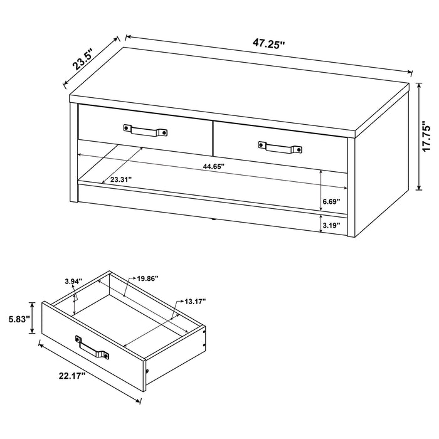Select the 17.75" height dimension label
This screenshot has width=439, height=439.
tap(427, 135)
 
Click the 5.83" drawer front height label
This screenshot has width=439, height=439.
tap(18, 318)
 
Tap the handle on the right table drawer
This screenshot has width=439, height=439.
tap(281, 147)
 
